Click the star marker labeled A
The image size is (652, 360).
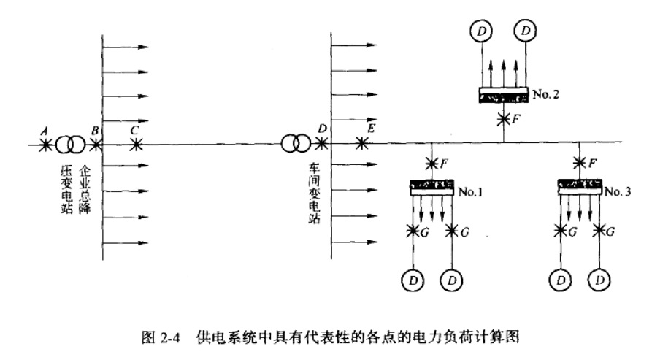[45, 145]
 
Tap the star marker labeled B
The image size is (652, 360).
[96, 145]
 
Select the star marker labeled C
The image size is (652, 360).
[136, 145]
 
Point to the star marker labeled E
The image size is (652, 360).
[361, 144]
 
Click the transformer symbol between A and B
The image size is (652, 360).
[70, 145]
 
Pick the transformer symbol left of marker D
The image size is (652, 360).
[296, 144]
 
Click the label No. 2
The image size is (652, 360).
[546, 94]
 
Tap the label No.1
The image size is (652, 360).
[470, 192]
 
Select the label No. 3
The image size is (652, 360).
[618, 191]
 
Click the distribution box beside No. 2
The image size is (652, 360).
[504, 95]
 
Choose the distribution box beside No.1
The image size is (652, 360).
[432, 188]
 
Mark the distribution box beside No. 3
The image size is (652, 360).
[580, 187]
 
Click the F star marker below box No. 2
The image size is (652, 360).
[504, 119]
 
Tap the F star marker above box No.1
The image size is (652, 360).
[432, 164]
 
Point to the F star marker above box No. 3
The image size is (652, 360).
[580, 163]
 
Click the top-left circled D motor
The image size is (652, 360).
[481, 31]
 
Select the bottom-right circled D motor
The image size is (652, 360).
[599, 280]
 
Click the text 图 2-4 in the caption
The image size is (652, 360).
[161, 337]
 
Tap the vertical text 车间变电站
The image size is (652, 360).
[315, 194]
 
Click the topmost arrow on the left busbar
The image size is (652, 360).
[126, 47]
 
